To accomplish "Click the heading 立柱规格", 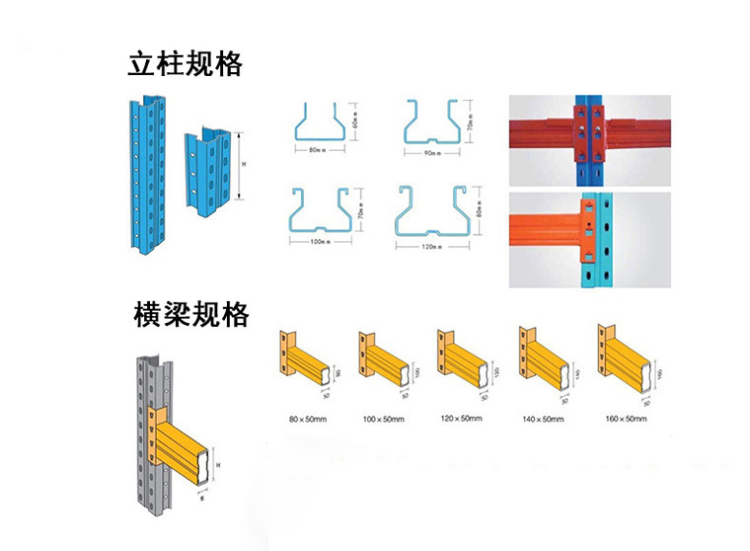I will [x=185, y=65].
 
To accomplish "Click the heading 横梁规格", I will [x=190, y=315].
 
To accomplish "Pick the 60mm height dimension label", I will [x=353, y=120].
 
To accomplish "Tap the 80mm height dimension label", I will [x=479, y=211].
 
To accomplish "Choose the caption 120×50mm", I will [x=461, y=419].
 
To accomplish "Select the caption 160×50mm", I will [x=626, y=420].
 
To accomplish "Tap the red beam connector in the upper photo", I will [x=587, y=133].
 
